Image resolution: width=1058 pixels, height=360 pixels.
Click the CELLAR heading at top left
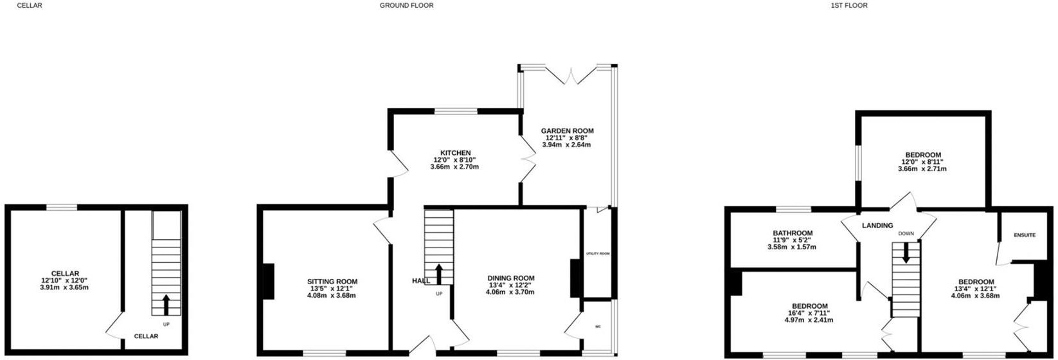pos(26,5)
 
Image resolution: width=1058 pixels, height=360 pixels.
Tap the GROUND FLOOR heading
pos(406,5)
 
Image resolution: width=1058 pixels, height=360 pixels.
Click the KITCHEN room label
pos(455,153)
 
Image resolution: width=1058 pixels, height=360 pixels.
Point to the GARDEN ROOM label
pos(567,131)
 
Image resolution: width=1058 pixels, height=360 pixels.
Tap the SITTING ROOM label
pos(332,282)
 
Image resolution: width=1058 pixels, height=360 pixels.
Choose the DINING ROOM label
pos(510,278)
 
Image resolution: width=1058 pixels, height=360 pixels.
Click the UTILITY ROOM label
pos(597,253)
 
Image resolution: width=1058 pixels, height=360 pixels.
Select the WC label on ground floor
pos(598,327)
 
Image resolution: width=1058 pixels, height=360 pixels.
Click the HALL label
pos(421,281)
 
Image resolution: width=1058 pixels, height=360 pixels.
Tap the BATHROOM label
pos(793,233)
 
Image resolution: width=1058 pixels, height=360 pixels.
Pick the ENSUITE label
pos(1025,235)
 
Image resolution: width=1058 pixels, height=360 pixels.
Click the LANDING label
pos(877,226)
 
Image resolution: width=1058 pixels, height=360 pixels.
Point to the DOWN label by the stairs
pos(906,234)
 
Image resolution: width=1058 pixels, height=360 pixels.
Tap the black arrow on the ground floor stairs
pos(439,273)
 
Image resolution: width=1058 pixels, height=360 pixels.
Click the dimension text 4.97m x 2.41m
pos(809,319)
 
